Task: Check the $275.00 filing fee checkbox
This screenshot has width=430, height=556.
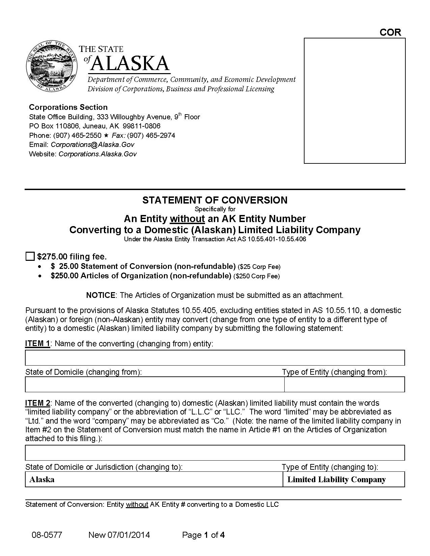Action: (x=30, y=256)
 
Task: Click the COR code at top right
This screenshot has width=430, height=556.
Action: (x=390, y=32)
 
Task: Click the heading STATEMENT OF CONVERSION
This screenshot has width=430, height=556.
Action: (x=215, y=200)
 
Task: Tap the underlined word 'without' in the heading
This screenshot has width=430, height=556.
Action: (x=187, y=219)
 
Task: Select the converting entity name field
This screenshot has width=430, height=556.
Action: (x=215, y=358)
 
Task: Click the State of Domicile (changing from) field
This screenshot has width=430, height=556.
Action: (x=154, y=384)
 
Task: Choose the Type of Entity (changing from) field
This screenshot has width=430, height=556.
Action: (x=344, y=384)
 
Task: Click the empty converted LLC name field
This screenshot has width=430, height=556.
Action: (x=215, y=453)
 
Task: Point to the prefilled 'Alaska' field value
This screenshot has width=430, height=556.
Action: (x=42, y=480)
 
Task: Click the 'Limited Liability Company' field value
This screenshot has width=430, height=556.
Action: (x=336, y=480)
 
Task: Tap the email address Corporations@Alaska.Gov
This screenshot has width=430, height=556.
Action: (x=92, y=145)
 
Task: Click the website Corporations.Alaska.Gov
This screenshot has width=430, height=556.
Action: (x=97, y=154)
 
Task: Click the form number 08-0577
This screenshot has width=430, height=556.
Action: (x=47, y=535)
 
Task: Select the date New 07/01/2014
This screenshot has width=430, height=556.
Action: (x=119, y=535)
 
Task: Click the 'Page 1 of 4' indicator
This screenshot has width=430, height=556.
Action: (x=203, y=535)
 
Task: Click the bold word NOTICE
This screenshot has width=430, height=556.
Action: (x=101, y=295)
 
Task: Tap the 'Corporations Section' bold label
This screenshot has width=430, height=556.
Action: (x=68, y=107)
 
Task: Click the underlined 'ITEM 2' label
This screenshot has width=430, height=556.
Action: (x=37, y=403)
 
